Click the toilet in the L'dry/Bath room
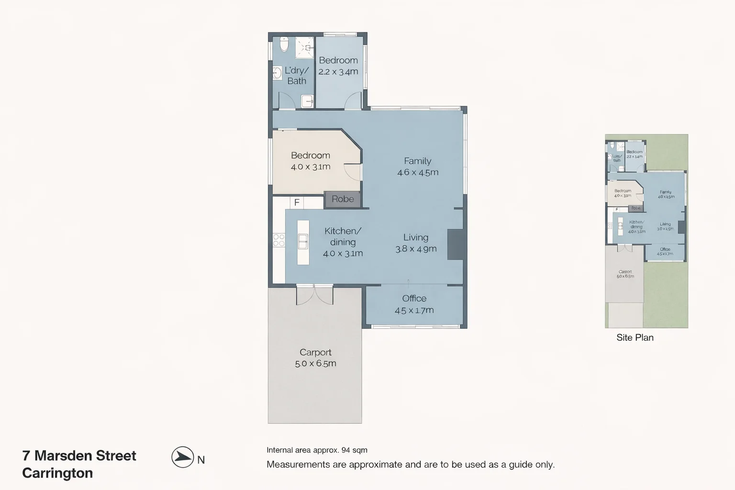pyautogui.click(x=284, y=45)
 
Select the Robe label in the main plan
pyautogui.click(x=343, y=199)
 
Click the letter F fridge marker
pyautogui.click(x=297, y=202)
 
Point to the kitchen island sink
pyautogui.click(x=303, y=242)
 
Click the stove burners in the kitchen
pyautogui.click(x=278, y=240)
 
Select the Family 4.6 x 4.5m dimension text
pyautogui.click(x=418, y=172)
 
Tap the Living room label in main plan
pyautogui.click(x=415, y=237)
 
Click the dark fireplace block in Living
pyautogui.click(x=456, y=245)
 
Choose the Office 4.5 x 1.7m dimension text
pyautogui.click(x=414, y=310)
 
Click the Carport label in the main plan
pyautogui.click(x=315, y=352)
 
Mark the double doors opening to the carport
pyautogui.click(x=314, y=294)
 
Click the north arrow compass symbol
pyautogui.click(x=182, y=457)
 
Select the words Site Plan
pyautogui.click(x=635, y=337)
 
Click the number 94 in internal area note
pyautogui.click(x=346, y=450)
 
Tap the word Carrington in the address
pyautogui.click(x=57, y=473)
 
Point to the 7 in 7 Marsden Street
pyautogui.click(x=26, y=456)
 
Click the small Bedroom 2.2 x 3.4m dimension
pyautogui.click(x=338, y=72)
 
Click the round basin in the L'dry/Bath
pyautogui.click(x=277, y=73)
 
